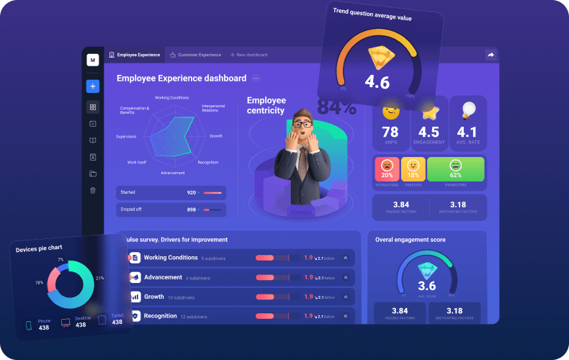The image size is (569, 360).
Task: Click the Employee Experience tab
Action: coord(137,55)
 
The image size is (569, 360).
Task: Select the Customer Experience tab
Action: coord(199,55)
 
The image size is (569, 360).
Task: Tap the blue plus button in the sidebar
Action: coord(92,86)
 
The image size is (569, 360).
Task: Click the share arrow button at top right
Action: coord(490,55)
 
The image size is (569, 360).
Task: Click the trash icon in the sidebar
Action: coord(92,190)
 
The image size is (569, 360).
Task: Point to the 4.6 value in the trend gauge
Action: coord(377,81)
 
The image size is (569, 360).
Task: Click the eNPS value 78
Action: coord(390,132)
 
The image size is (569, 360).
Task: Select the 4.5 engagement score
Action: coord(429,132)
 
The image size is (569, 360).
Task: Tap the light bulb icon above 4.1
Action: coord(468,109)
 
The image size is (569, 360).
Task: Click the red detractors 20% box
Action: coord(387,169)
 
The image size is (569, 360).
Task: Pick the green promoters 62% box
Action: coord(455,169)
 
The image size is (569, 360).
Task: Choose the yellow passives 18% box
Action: coord(413,169)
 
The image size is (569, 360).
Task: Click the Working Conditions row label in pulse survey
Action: coord(171,257)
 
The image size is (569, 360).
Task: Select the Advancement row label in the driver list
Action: coord(163,277)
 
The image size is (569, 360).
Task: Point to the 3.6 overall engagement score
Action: coord(426,286)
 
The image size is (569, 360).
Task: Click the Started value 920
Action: coord(192,193)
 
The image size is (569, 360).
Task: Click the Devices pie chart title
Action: coord(42,249)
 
